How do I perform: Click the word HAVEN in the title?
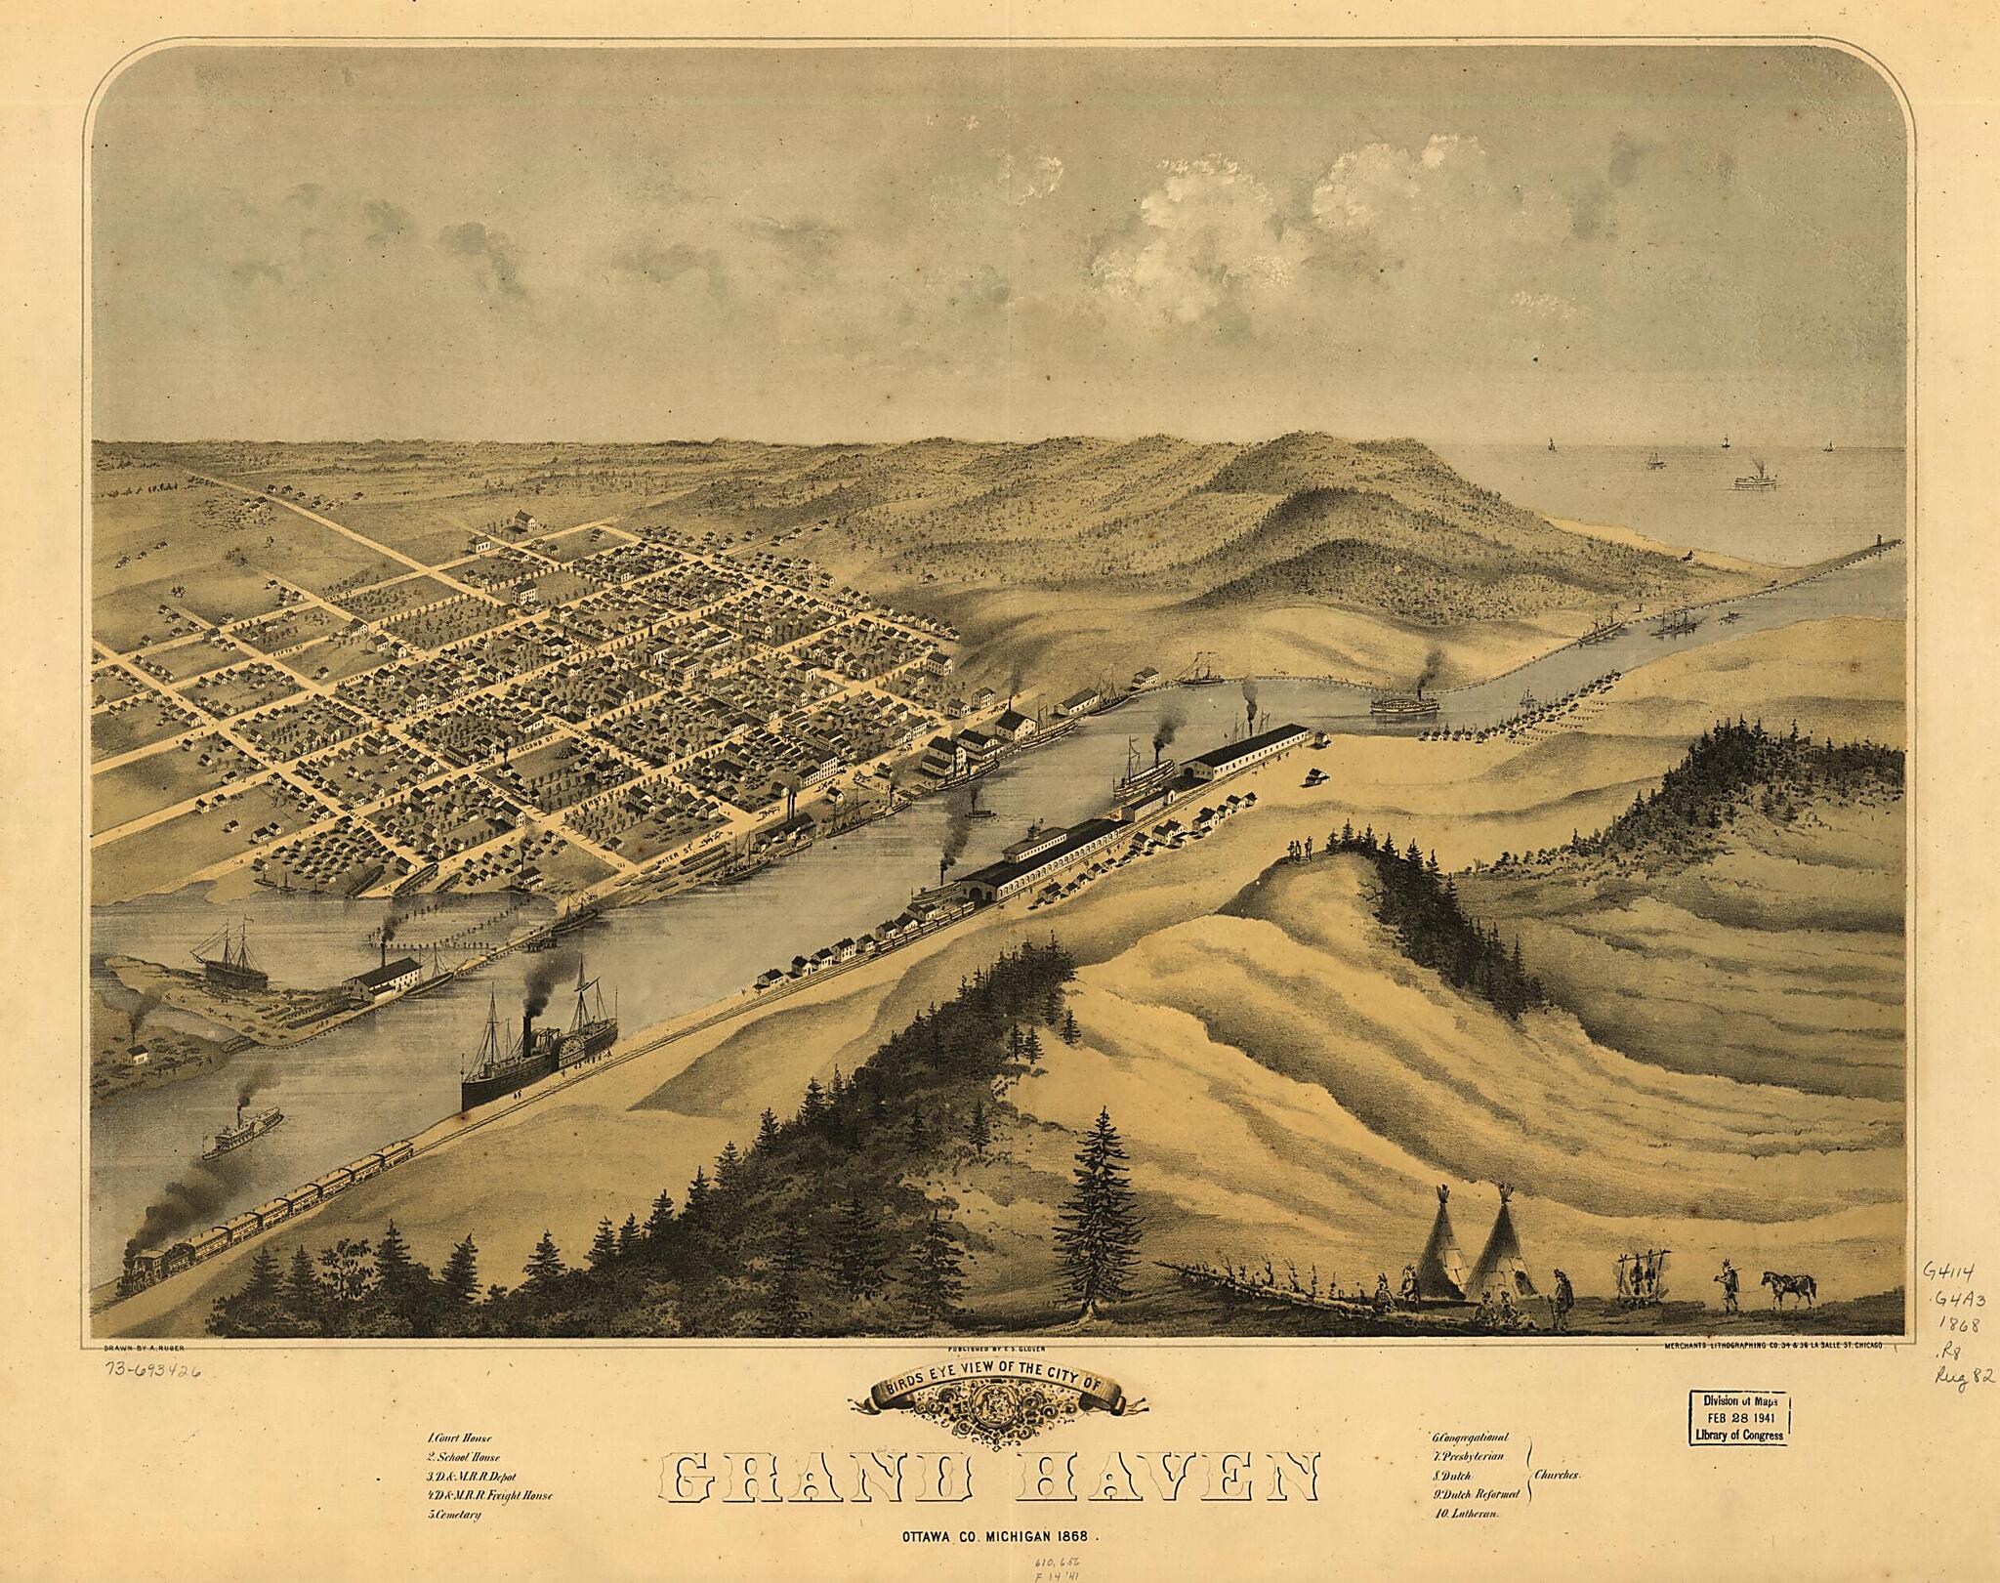[x=1169, y=1477]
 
